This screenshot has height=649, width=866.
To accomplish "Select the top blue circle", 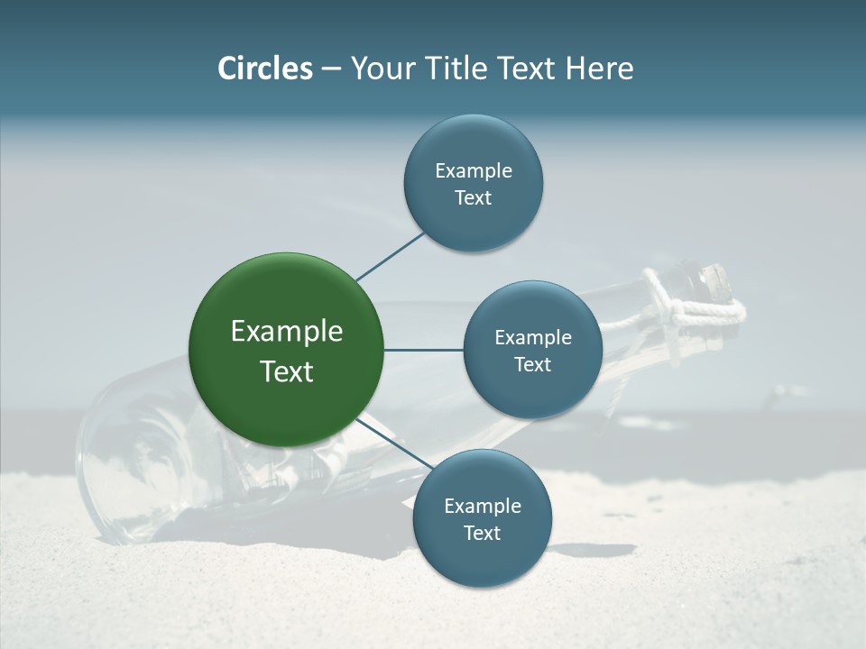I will click(x=473, y=184).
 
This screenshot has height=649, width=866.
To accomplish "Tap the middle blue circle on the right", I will click(x=532, y=351).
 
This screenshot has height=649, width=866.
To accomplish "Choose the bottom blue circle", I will click(x=482, y=519).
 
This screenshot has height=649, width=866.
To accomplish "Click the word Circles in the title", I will click(x=265, y=69).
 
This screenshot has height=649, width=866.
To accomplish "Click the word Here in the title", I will click(x=599, y=69).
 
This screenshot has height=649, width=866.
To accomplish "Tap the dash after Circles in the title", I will click(x=331, y=69).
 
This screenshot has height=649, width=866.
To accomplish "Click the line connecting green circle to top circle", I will click(x=391, y=255).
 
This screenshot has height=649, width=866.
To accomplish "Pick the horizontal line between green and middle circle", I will click(x=424, y=350).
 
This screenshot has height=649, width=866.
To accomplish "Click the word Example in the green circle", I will click(x=287, y=332).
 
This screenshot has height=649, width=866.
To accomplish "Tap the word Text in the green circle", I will click(x=287, y=371).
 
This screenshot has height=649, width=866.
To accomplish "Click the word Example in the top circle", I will click(x=474, y=171).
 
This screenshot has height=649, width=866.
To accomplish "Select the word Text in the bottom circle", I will click(x=482, y=533).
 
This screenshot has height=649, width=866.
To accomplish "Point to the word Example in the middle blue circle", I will click(x=533, y=338).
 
